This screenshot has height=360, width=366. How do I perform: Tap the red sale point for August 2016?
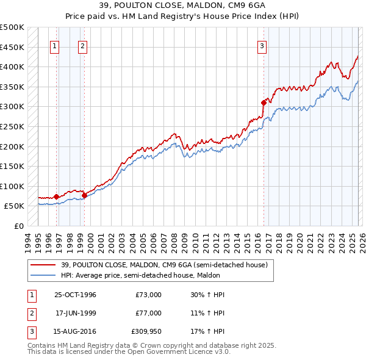tap(264, 103)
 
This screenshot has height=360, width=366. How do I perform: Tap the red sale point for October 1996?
tap(57, 196)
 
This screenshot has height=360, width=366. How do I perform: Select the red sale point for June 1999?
tap(84, 195)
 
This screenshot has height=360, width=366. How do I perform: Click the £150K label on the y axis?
tap(12, 166)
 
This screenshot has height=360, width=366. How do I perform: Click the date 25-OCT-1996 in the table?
tap(75, 295)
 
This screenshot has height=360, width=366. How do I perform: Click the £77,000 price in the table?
tap(148, 313)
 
